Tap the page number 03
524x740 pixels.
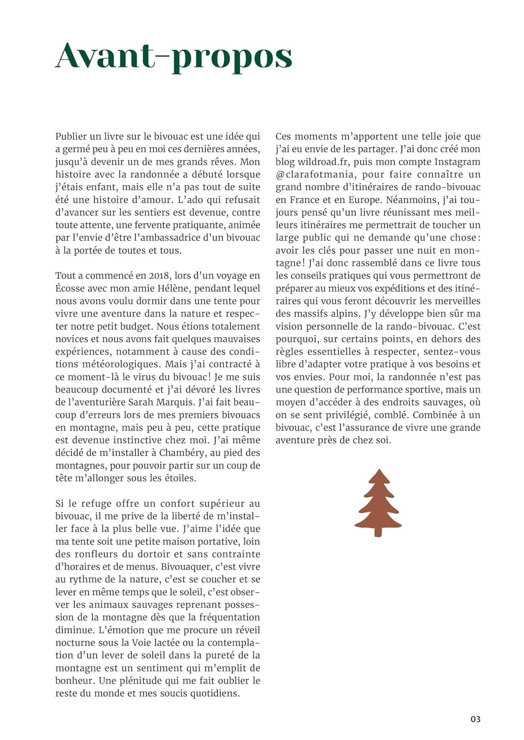tap(475, 719)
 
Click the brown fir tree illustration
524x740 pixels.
tap(378, 501)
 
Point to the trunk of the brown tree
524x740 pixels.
tap(378, 531)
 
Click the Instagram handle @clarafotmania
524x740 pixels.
tap(314, 175)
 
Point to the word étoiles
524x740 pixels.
tap(180, 478)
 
